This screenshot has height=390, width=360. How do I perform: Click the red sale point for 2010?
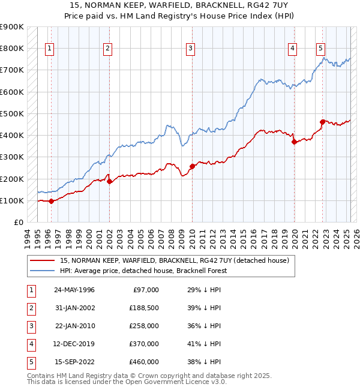click(x=192, y=166)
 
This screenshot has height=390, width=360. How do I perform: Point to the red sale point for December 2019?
click(x=295, y=142)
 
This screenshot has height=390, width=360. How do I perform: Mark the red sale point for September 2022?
click(x=322, y=122)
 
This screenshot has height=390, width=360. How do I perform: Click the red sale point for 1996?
click(x=51, y=201)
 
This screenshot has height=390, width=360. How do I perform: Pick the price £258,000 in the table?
click(x=145, y=326)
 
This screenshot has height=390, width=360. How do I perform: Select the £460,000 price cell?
click(x=145, y=362)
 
